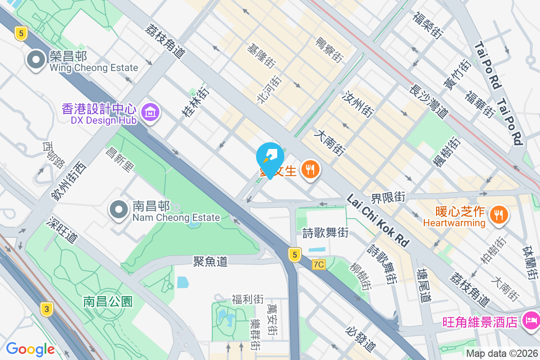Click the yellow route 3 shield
[46, 309]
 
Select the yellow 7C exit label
[318, 265]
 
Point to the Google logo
[30, 349]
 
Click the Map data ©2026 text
[501, 353]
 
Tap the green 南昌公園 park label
[108, 301]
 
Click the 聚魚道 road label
[210, 261]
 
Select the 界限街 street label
[388, 197]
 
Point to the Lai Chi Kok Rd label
[378, 220]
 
